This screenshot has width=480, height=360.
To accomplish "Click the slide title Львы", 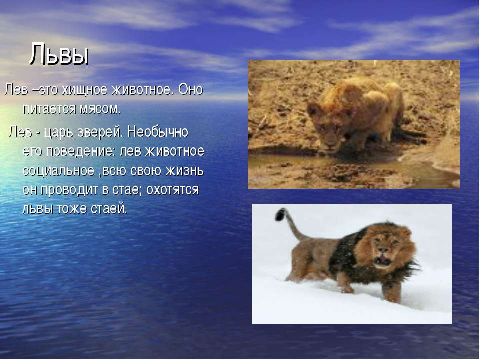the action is coord(59,54).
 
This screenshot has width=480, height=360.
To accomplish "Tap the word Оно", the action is coord(190,89).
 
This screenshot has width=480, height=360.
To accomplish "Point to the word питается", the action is coord(49,109).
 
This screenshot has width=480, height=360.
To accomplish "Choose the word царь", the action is coord(59,132).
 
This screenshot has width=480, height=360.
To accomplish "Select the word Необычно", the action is coord(158,132).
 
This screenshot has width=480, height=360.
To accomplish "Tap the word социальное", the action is coord(58,171).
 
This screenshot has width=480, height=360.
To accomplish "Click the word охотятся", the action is coord(172,190).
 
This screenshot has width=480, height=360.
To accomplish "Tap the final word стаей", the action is coord(109,209).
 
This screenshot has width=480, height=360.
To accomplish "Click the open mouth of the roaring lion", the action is coord(382,260).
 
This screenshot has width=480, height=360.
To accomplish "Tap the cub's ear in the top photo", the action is coord(313,109).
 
